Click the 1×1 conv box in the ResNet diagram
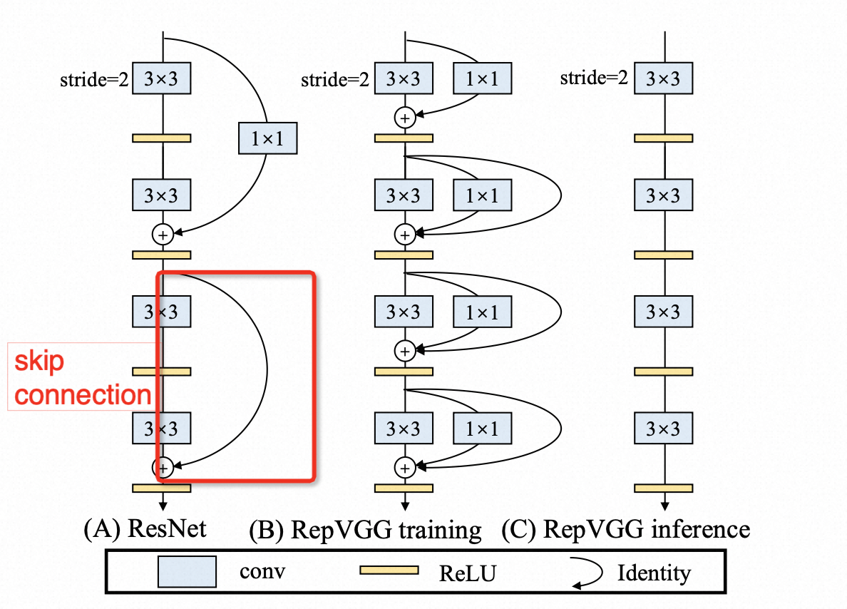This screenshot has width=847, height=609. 267,138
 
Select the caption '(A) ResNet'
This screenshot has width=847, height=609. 145,529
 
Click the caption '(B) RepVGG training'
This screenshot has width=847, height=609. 365,531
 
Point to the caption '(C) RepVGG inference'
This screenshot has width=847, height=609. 625,529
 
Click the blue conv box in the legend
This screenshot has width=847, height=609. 188,571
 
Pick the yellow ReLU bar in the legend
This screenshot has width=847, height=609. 389,570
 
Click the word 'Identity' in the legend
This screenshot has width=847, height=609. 654,572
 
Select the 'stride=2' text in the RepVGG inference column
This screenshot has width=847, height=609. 594,78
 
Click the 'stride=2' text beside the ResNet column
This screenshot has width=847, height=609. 94,81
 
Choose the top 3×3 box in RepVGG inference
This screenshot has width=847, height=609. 664,78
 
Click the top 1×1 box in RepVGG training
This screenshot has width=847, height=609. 483,78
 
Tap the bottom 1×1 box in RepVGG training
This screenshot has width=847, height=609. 483,428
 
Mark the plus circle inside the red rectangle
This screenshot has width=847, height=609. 163,467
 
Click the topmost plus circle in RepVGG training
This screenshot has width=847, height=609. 404,117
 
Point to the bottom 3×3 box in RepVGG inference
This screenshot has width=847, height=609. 664,428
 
